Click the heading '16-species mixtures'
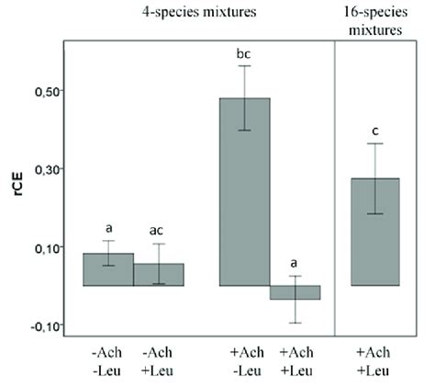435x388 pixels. click(x=375, y=22)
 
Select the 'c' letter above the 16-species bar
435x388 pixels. click(x=375, y=131)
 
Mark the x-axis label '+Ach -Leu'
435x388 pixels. click(x=244, y=360)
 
